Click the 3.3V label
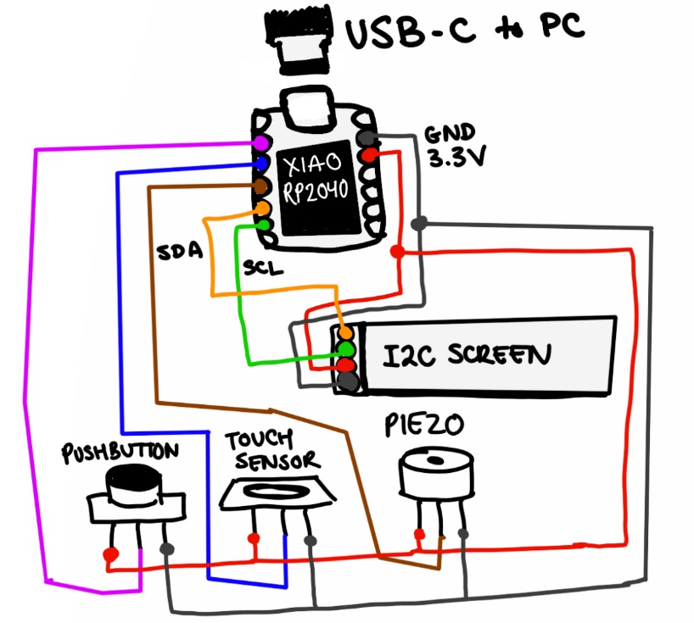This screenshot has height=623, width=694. tap(454, 158)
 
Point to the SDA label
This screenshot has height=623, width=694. tap(179, 253)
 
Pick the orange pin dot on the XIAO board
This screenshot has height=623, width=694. tap(264, 206)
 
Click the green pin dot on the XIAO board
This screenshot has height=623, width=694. tap(265, 225)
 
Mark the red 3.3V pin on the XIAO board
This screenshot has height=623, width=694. tap(369, 156)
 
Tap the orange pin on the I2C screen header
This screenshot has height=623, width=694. tap(345, 332)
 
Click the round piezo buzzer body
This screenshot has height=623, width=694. tap(435, 474)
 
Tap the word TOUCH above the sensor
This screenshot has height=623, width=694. tap(259, 440)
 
